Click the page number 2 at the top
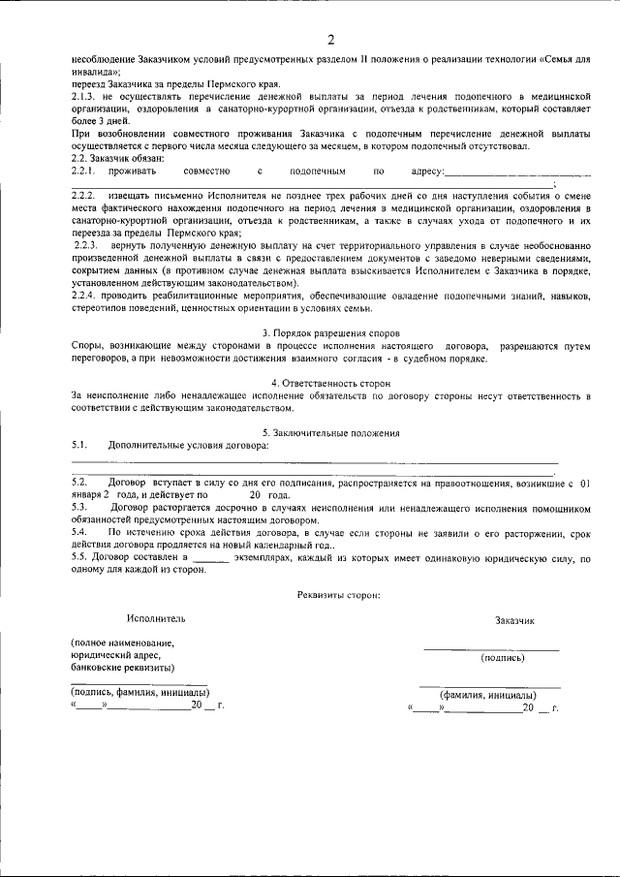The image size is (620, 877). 330,40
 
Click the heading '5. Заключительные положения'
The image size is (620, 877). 330,432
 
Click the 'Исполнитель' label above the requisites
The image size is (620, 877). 155,617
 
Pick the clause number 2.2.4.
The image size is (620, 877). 85,294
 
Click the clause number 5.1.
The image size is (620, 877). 80,445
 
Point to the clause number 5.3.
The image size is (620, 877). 80,507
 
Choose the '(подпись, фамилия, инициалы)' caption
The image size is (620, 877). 139,693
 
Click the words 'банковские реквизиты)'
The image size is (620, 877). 122,668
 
